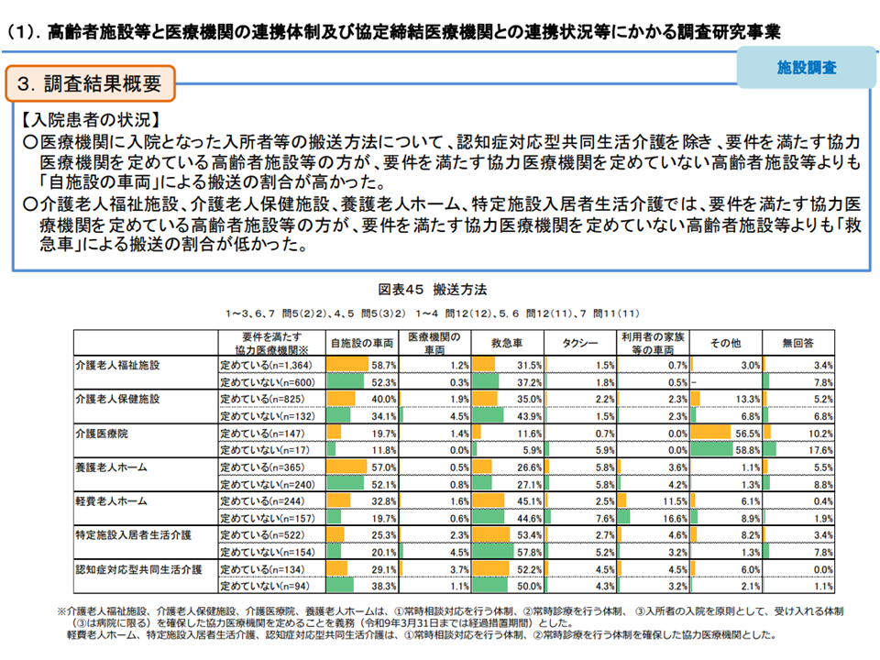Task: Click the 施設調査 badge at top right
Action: (806, 67)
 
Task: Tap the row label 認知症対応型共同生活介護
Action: (138, 569)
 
